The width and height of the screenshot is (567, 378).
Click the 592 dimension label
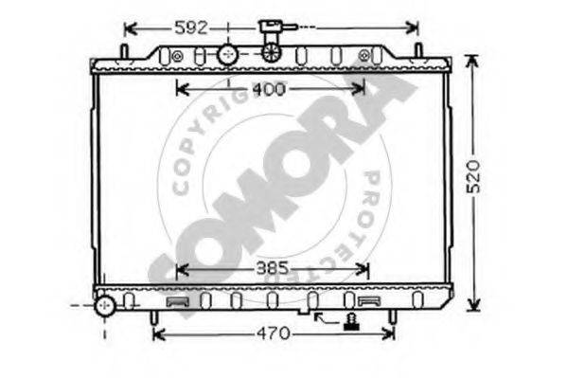point(191,27)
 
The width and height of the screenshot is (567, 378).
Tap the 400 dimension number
point(269,89)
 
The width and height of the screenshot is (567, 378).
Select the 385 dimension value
point(273,268)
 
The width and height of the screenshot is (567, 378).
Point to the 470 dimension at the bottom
point(274,333)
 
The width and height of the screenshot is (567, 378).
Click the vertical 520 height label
point(473,176)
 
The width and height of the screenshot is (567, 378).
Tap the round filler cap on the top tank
point(228,55)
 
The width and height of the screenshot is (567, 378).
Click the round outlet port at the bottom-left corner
point(105,306)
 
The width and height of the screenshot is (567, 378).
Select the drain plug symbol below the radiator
point(351,322)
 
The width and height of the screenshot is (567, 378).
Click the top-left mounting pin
point(124,52)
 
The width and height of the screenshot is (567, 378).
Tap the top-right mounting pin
point(418,51)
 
